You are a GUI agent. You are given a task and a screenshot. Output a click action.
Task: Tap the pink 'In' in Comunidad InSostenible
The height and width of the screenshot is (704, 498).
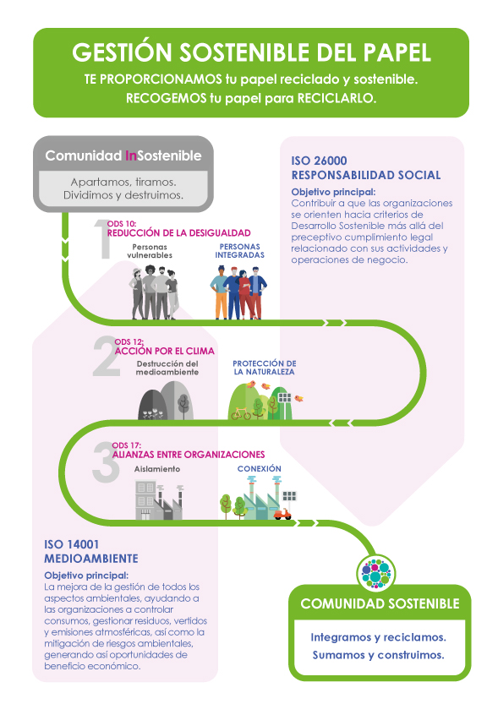pyautogui.click(x=131, y=156)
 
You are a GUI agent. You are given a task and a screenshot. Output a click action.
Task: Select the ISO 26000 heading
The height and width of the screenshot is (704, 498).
pyautogui.click(x=319, y=161)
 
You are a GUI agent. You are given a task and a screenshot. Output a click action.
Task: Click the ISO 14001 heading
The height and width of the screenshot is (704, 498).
pyautogui.click(x=71, y=544)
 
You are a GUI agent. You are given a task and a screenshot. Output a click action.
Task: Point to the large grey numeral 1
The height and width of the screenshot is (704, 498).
pyautogui.click(x=102, y=239)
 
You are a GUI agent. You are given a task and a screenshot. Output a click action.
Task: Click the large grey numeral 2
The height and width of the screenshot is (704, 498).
pyautogui.click(x=107, y=356)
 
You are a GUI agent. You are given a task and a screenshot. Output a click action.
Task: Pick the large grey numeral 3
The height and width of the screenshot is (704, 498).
pyautogui.click(x=106, y=461)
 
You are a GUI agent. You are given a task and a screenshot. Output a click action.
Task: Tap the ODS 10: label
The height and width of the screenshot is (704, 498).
pyautogui.click(x=122, y=224)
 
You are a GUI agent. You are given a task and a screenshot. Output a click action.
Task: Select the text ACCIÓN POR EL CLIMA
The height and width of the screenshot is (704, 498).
pyautogui.click(x=164, y=351)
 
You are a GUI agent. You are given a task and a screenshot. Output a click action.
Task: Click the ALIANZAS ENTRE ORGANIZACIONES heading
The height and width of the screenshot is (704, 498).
pyautogui.click(x=189, y=455)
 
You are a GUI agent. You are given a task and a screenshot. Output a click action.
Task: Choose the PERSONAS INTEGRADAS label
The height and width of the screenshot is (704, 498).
pyautogui.click(x=240, y=251)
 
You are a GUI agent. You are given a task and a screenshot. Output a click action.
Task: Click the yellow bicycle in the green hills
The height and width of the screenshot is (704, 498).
pyautogui.click(x=241, y=413)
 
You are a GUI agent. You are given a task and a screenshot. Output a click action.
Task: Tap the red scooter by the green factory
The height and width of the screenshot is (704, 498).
pyautogui.click(x=282, y=514)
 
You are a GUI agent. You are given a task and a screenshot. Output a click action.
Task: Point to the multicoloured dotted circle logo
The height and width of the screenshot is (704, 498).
pyautogui.click(x=376, y=573)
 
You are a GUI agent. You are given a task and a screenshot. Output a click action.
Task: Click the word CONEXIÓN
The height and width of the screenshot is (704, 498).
pyautogui.click(x=259, y=469)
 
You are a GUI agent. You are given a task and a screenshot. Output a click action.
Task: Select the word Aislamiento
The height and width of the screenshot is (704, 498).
pyautogui.click(x=157, y=469)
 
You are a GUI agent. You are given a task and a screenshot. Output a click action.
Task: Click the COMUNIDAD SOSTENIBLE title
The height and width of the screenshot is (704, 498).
pyautogui.click(x=380, y=603)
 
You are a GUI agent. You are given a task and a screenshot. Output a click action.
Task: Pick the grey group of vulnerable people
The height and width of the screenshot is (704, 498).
pyautogui.click(x=154, y=292)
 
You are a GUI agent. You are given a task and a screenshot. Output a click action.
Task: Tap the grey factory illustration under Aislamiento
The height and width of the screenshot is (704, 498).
pyautogui.click(x=160, y=500)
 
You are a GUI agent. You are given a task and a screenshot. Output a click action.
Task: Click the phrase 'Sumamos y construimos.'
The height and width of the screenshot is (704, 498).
pyautogui.click(x=379, y=655)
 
